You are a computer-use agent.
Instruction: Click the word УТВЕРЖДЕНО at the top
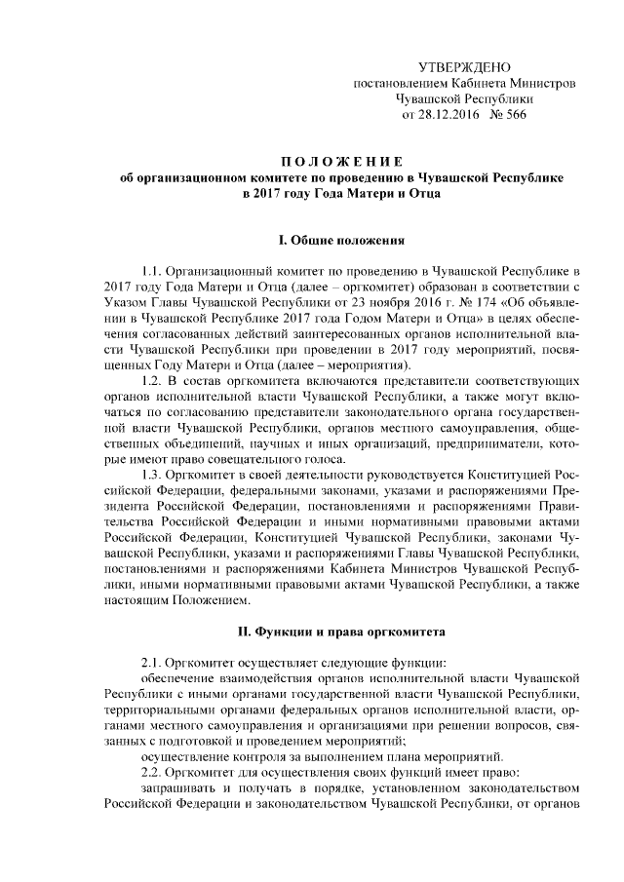coord(463,67)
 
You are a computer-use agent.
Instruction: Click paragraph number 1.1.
coord(154,270)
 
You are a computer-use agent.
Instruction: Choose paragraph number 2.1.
coord(154,662)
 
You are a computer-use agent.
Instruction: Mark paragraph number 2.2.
coord(154,771)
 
